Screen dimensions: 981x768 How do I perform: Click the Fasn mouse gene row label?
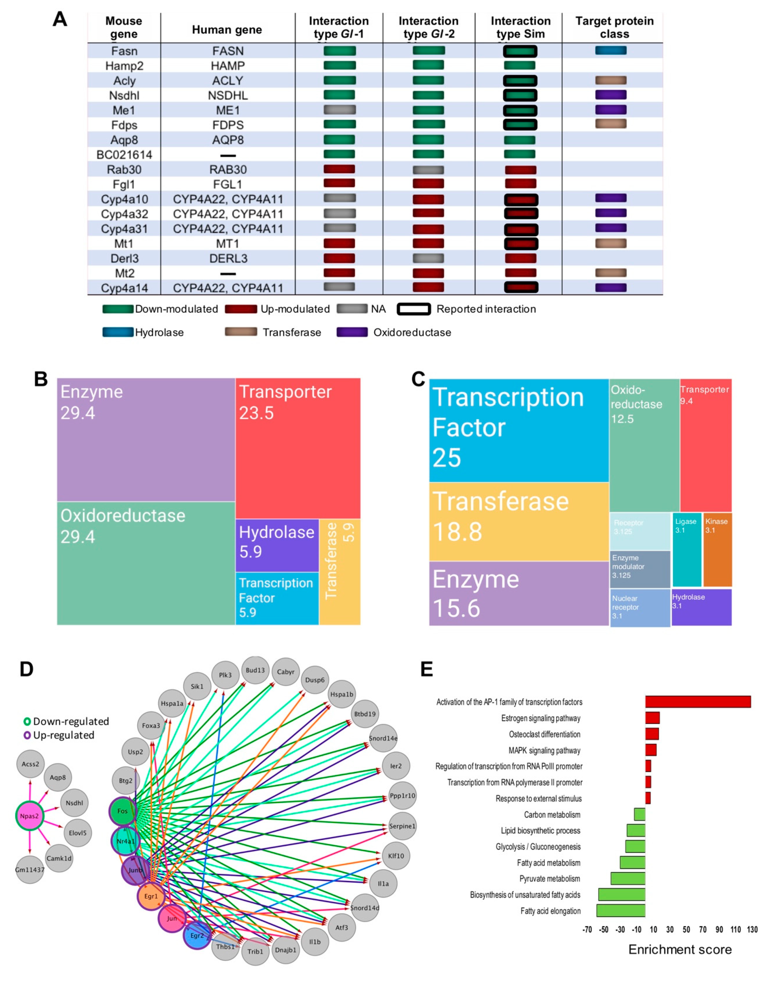coord(124,51)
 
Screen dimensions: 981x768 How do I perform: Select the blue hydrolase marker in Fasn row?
coord(611,50)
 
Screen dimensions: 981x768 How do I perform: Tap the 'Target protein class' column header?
coord(614,27)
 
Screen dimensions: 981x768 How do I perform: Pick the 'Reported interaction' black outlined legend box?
coord(414,309)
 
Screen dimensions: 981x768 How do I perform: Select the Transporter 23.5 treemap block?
coord(298,448)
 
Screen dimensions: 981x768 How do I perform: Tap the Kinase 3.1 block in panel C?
coord(717,549)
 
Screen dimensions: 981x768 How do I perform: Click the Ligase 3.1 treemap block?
coord(687,549)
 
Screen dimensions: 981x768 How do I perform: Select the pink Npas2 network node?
coord(30,816)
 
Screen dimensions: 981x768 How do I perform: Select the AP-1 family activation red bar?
coord(698,702)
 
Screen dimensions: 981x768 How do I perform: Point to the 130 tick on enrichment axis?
coord(752,930)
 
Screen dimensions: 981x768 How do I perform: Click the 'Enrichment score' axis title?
coord(680,950)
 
